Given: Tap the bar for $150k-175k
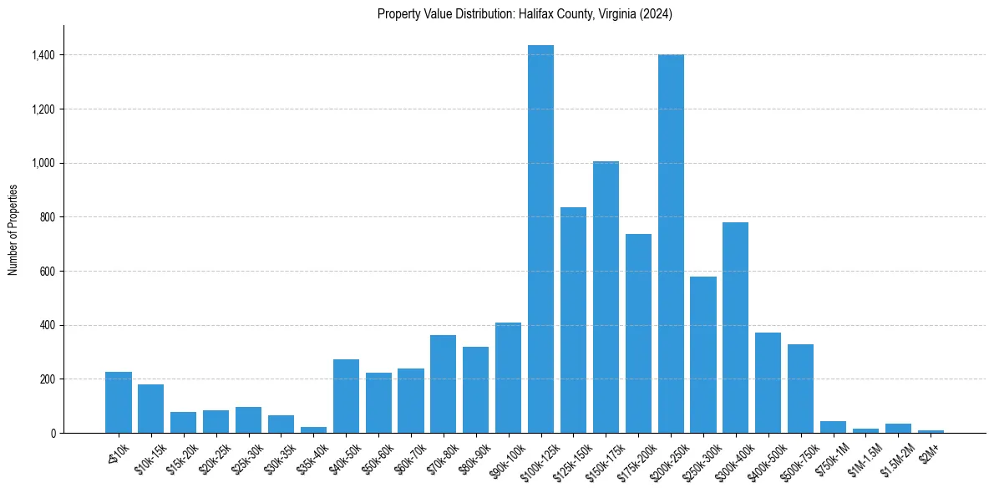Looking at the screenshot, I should (x=606, y=297).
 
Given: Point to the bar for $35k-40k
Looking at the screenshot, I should (x=313, y=429).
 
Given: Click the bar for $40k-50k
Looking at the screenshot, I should (x=346, y=396).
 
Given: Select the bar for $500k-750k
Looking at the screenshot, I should (x=800, y=389).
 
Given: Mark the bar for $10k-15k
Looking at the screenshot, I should (x=150, y=409).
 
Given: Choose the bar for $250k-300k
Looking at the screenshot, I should (x=703, y=355).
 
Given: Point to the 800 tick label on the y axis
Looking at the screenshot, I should (x=48, y=217).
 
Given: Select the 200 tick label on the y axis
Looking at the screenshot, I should (x=48, y=379).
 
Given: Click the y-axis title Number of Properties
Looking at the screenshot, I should (x=13, y=230).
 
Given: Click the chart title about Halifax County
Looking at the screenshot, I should (x=525, y=14).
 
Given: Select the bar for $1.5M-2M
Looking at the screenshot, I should (x=898, y=428).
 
